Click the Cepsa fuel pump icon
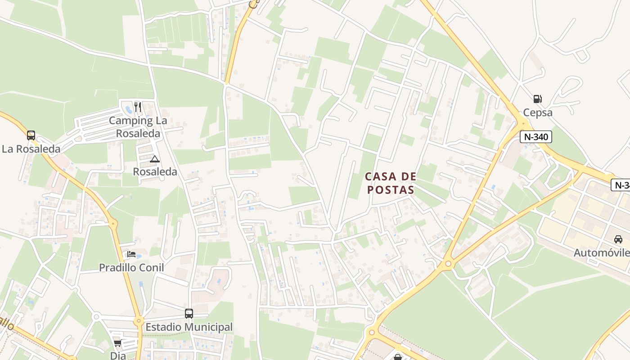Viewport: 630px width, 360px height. [x=537, y=99]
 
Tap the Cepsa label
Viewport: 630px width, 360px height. [x=537, y=112]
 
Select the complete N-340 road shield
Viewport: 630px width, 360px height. [x=535, y=137]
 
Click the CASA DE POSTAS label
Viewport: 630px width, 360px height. [x=391, y=183]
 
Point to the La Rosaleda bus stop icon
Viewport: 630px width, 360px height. [x=31, y=135]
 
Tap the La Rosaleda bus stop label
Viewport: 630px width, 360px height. [x=31, y=149]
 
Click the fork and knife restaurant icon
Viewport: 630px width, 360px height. [x=138, y=107]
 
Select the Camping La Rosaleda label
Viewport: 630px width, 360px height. [x=138, y=127]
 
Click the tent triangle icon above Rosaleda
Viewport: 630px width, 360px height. [x=155, y=158]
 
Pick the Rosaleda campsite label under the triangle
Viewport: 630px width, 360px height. [x=155, y=172]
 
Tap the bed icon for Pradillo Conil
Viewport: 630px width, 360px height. [x=131, y=254]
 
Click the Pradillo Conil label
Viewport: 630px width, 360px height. [x=131, y=268]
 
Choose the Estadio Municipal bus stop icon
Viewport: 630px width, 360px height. [x=189, y=313]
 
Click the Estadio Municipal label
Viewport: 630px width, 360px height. [x=189, y=327]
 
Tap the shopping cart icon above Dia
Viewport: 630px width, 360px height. [x=117, y=343]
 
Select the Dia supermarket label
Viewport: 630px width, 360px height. [x=117, y=355]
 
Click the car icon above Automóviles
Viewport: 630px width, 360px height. [x=618, y=239]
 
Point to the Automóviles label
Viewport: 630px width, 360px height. [x=601, y=253]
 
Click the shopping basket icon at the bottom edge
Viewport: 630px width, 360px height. [x=398, y=357]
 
